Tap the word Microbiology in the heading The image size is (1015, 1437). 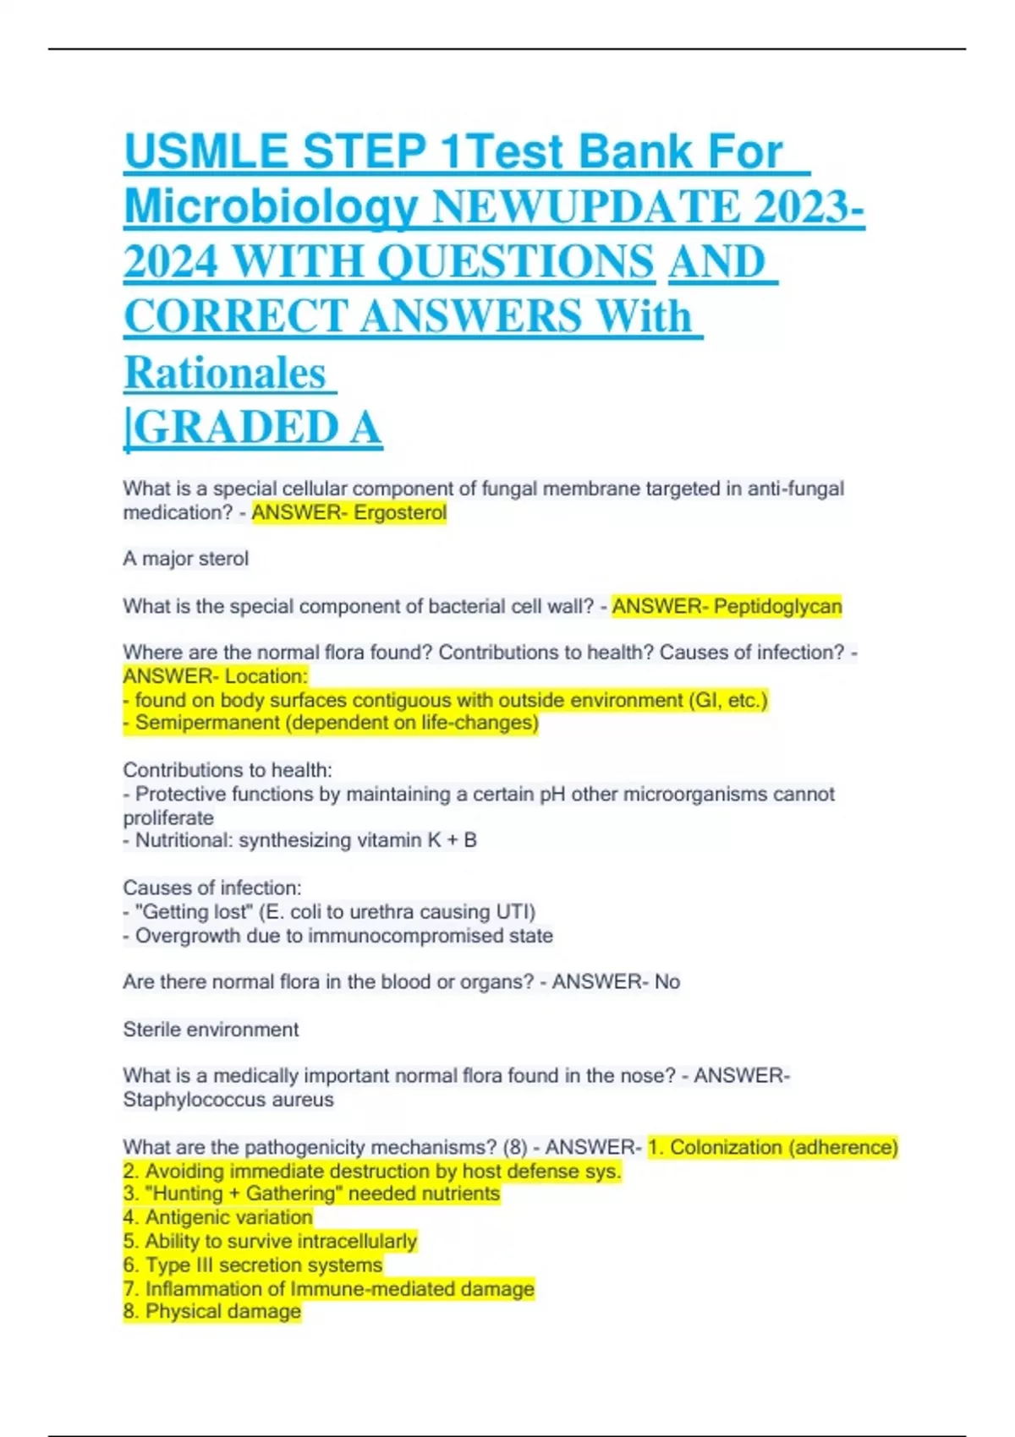271,207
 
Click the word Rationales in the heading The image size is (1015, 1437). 225,373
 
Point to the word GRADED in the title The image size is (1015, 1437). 236,428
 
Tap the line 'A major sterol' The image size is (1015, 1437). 186,559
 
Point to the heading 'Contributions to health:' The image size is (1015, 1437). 228,770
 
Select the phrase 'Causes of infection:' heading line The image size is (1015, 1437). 212,888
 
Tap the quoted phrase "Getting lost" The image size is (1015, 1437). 194,912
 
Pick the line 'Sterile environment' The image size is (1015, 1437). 211,1030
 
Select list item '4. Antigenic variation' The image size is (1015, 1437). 218,1217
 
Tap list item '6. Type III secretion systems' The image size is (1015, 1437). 253,1265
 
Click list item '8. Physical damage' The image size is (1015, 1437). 212,1312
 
